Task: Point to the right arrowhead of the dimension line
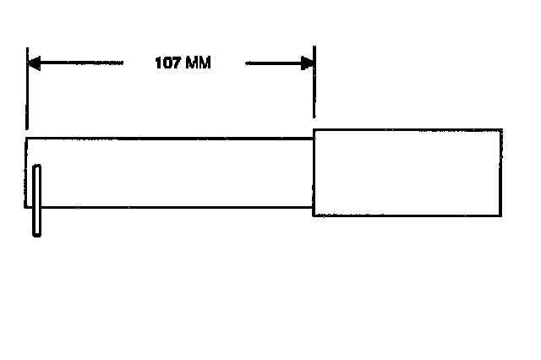point(308,63)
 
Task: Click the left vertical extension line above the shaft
point(27,93)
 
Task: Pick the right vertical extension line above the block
point(314,93)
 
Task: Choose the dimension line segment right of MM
point(270,63)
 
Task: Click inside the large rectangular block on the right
point(407,172)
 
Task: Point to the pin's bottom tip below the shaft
point(36,234)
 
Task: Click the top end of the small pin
point(36,167)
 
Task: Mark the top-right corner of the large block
point(501,129)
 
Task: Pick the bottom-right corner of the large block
point(501,215)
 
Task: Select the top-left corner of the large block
point(314,129)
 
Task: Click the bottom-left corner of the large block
point(314,215)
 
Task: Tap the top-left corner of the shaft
point(27,137)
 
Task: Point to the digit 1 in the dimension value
point(158,63)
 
